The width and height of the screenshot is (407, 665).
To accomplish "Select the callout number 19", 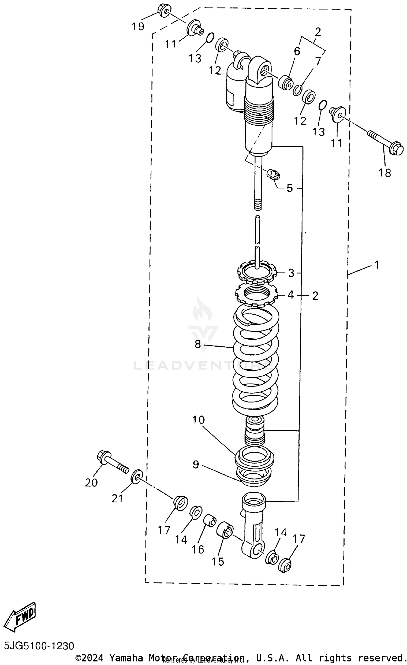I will (x=138, y=27).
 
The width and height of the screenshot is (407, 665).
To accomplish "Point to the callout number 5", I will (x=290, y=188).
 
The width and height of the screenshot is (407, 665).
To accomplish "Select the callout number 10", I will (x=198, y=420).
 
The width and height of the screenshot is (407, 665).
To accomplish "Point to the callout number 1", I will (x=377, y=264).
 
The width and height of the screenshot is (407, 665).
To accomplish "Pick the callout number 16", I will (x=198, y=549).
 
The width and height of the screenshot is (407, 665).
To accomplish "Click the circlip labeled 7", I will (x=298, y=90).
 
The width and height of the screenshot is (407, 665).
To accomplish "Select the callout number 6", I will (x=297, y=51).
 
